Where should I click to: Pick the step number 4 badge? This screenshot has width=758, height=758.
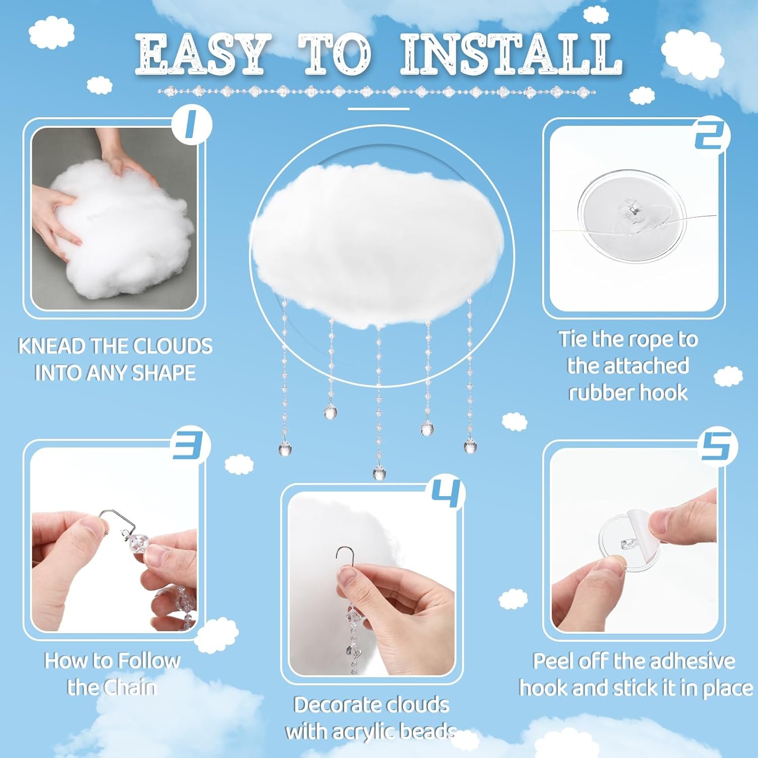click(447, 493)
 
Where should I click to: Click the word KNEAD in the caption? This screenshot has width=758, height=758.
click(52, 347)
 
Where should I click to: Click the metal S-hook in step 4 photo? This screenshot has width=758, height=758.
click(344, 556)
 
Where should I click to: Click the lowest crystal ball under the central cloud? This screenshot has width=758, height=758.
click(378, 473)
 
